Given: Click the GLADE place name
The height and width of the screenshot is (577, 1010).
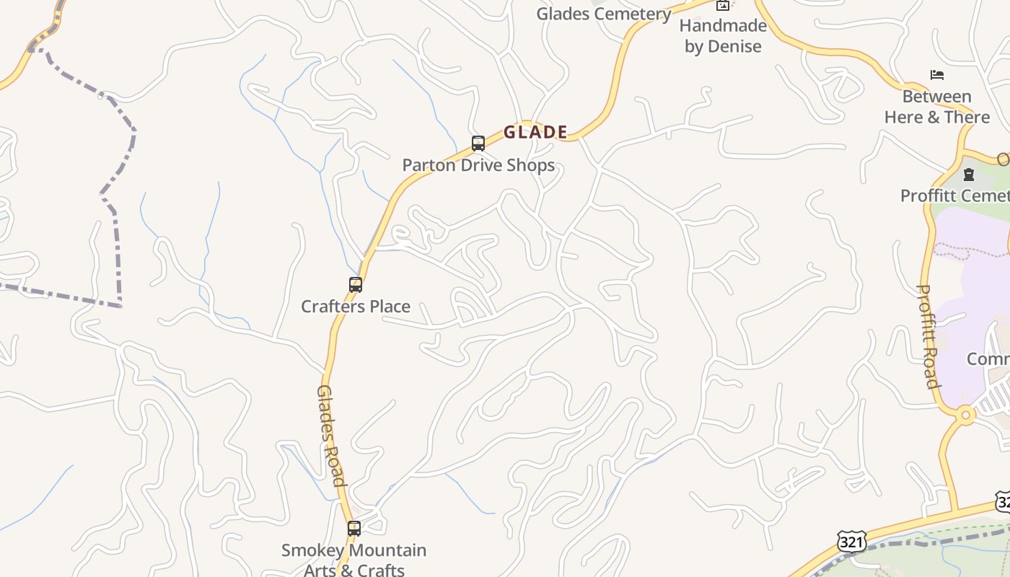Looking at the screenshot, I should (535, 132).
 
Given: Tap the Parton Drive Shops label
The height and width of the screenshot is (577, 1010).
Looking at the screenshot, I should (478, 164).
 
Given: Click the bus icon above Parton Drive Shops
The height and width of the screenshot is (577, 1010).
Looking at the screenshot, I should (478, 143).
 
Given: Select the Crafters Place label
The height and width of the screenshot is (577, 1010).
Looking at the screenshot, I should (356, 306).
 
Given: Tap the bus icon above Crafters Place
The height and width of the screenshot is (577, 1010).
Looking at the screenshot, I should (355, 284).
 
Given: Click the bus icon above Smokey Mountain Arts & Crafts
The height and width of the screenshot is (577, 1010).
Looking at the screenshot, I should (353, 528).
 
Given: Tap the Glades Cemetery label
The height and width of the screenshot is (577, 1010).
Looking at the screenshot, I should (604, 14).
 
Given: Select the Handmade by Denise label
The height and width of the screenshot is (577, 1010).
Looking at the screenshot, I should (722, 36).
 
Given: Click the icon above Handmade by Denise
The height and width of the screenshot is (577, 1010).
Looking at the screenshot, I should (722, 6).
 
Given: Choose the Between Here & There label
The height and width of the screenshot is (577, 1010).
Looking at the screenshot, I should (936, 107).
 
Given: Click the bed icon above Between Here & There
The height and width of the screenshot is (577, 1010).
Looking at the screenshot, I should (936, 74).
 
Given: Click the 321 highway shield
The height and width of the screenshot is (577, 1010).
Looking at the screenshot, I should (851, 541).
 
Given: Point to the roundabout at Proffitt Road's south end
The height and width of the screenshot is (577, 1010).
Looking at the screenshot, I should (965, 415).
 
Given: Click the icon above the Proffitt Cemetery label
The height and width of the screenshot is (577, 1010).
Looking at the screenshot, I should (968, 174).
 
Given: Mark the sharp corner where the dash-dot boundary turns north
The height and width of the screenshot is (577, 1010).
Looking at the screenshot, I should (120, 306).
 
